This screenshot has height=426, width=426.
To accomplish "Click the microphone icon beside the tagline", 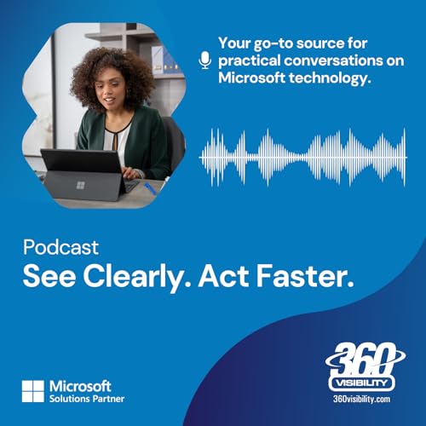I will click(204, 60).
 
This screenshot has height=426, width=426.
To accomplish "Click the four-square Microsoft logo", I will click(33, 391).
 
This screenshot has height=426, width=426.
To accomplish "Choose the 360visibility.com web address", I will click(364, 398).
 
